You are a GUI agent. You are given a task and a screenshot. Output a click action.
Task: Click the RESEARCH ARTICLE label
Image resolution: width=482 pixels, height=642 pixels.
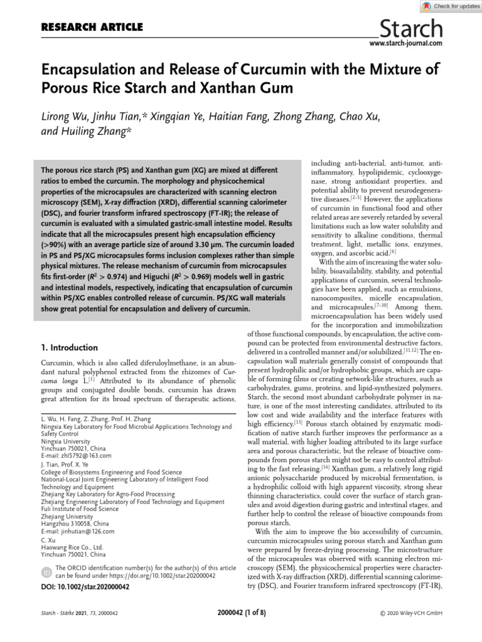(92, 27)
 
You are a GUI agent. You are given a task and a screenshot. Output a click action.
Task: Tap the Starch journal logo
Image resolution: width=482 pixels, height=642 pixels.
(412, 28)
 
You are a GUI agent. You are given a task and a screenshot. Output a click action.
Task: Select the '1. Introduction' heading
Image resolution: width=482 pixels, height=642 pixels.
(69, 347)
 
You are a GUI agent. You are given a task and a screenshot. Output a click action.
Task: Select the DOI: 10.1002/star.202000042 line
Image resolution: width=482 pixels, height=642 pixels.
(85, 587)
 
